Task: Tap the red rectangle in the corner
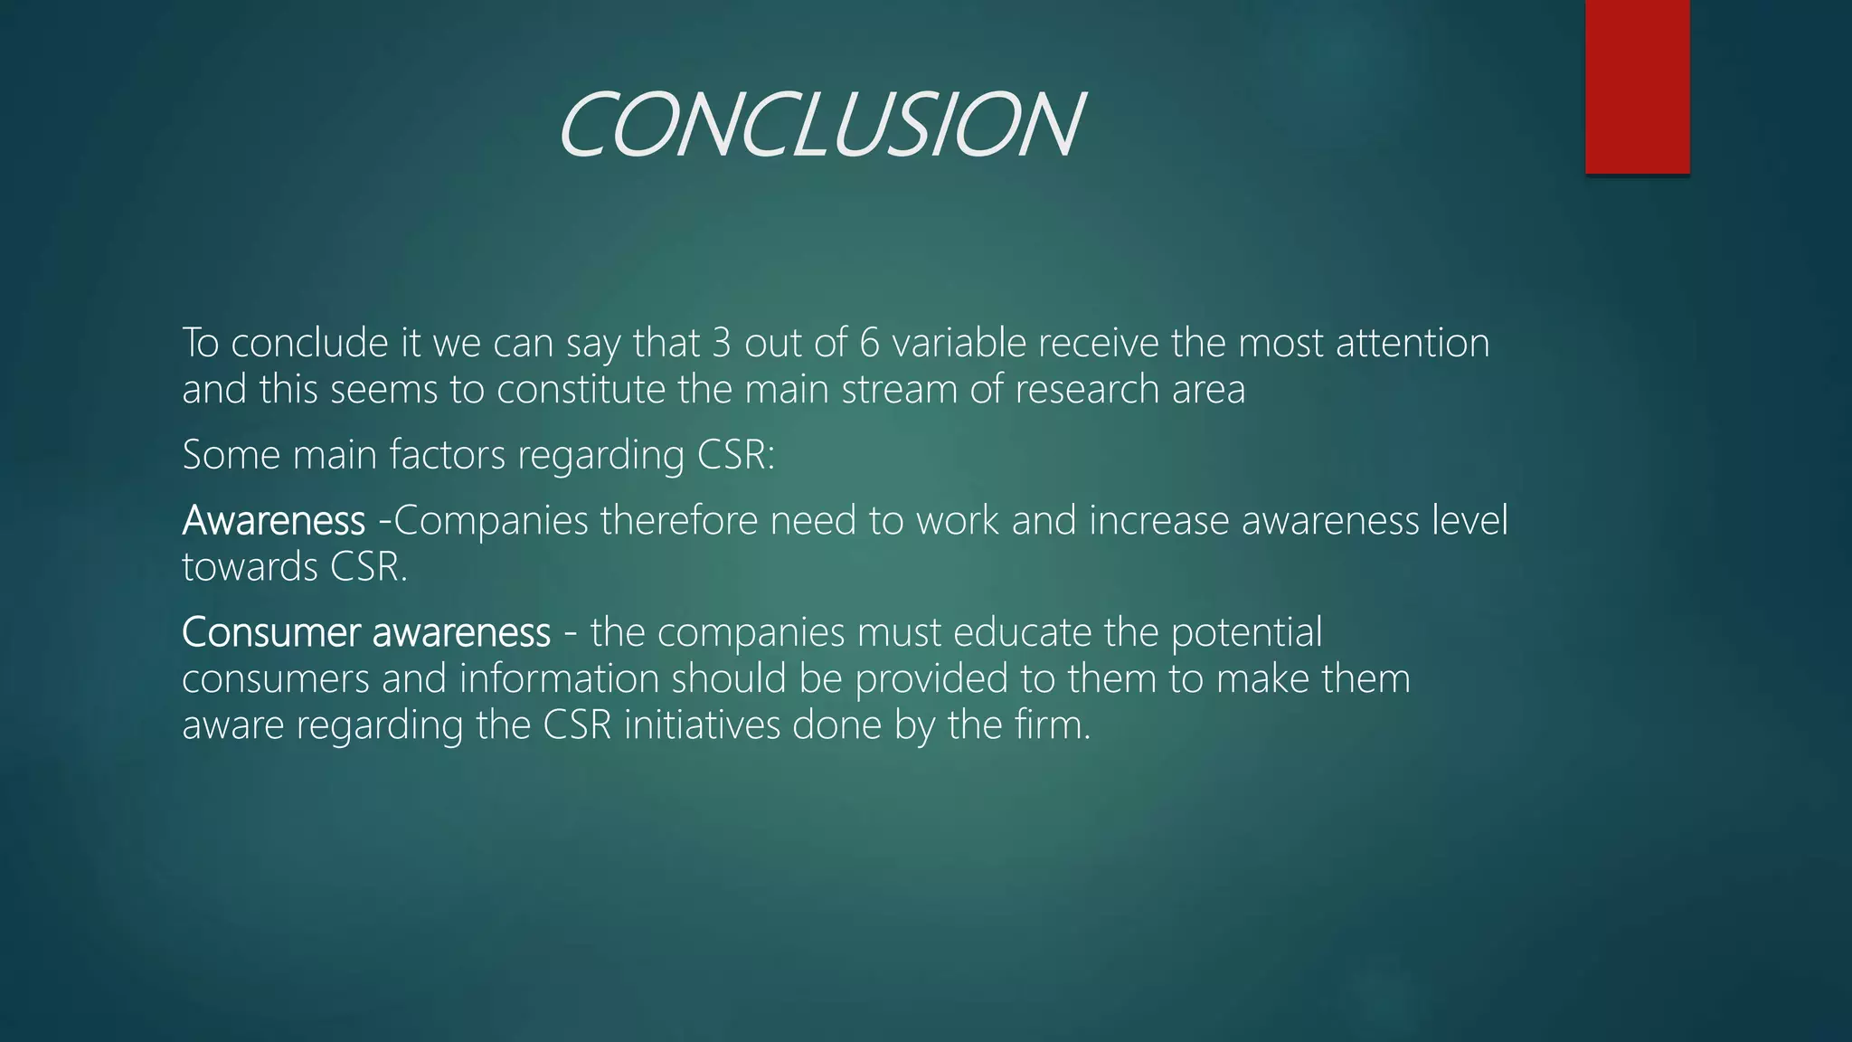(x=1637, y=86)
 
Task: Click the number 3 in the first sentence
(x=721, y=343)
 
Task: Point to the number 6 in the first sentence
(x=869, y=343)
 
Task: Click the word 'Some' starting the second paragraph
(x=231, y=454)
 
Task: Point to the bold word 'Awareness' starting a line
(x=273, y=520)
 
